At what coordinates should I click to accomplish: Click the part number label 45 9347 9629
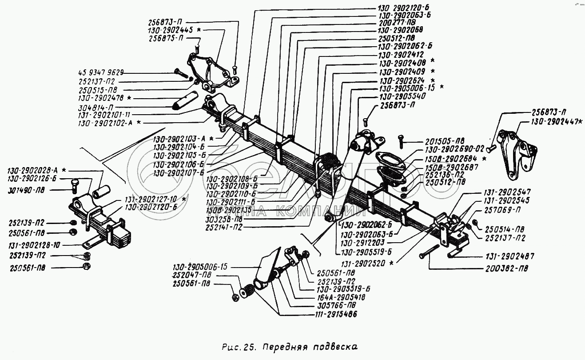coord(102,72)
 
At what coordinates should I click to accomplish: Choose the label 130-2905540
coord(402,96)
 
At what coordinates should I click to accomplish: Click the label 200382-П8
coord(506,269)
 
